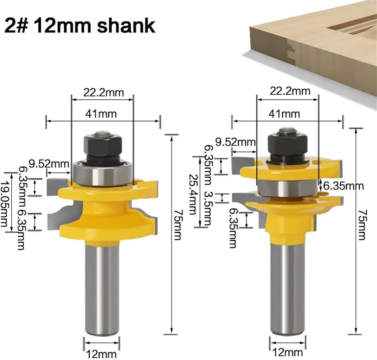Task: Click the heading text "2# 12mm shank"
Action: click(80, 26)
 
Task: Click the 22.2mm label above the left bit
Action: click(103, 93)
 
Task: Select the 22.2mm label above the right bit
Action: click(290, 91)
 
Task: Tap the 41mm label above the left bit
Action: click(101, 114)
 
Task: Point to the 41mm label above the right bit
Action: click(284, 114)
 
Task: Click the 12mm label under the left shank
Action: click(101, 354)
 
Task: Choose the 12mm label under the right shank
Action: click(288, 353)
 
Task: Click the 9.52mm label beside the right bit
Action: click(235, 142)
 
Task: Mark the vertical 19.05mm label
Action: click(4, 204)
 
